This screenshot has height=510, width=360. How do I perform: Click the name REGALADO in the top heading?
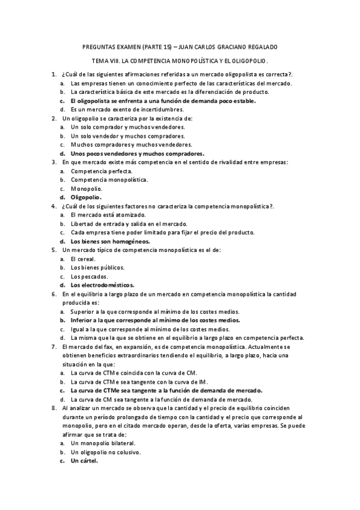[261, 46]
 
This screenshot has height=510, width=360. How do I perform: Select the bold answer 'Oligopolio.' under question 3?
[87, 197]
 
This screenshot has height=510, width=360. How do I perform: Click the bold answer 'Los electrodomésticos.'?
[102, 284]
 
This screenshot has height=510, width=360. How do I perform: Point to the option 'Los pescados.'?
[88, 276]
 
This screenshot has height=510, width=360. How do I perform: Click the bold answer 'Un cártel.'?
[85, 461]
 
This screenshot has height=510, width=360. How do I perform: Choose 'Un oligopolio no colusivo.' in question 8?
[106, 452]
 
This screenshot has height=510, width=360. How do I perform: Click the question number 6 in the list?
[54, 293]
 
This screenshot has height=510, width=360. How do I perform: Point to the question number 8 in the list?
[54, 408]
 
